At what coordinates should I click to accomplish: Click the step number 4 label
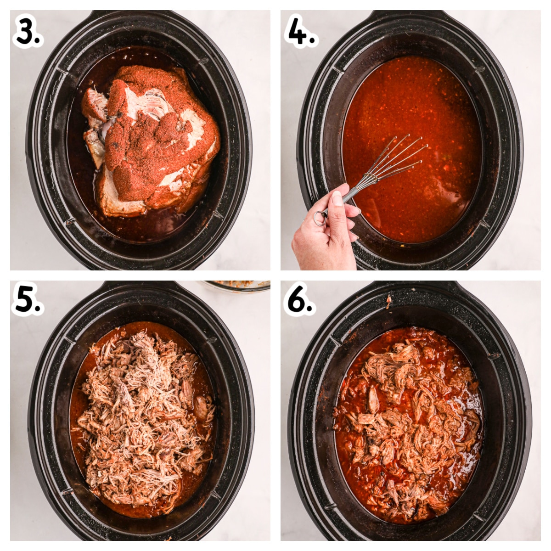[x=301, y=31]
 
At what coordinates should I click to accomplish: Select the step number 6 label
[x=299, y=301]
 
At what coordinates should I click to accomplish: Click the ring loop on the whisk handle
[x=320, y=218]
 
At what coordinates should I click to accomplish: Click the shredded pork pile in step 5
[x=142, y=413]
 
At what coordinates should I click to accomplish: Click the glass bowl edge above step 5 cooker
[x=236, y=287]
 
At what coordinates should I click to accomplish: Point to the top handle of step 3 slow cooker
[x=138, y=16]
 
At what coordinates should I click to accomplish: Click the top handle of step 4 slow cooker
[x=409, y=16]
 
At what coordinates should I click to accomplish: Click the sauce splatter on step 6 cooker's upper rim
[x=388, y=301]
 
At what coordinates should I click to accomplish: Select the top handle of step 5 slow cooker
[x=138, y=287]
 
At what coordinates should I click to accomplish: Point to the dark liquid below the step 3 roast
[x=152, y=227]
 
